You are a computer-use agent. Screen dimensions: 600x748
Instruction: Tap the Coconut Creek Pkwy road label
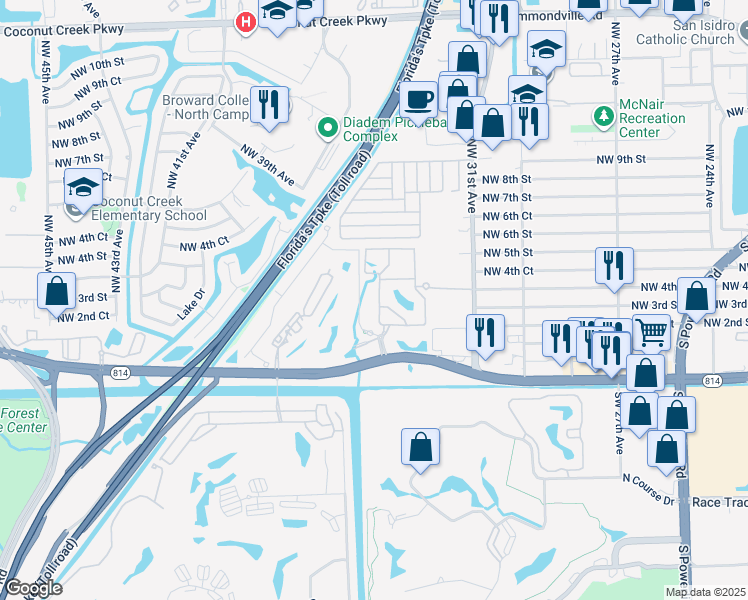(62, 29)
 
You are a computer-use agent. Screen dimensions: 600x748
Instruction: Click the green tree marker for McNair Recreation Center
(603, 117)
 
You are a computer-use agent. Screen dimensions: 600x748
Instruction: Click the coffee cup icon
(418, 98)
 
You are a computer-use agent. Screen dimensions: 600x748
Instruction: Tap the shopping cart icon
(651, 331)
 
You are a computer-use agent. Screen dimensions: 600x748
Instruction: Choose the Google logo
(33, 588)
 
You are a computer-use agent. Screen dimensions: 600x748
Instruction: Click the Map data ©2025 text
(705, 592)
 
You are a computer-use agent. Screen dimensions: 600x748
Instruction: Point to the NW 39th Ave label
(267, 166)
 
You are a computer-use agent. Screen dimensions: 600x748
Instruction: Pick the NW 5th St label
(507, 252)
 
